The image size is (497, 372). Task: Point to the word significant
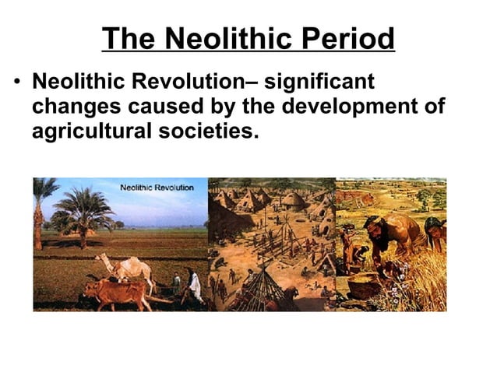click(x=319, y=80)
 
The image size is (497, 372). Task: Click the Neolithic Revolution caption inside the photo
click(x=157, y=188)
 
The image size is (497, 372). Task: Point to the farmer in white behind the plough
click(x=192, y=286)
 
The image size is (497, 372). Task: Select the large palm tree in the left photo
click(x=83, y=210)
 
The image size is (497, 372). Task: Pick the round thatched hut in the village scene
click(x=293, y=202)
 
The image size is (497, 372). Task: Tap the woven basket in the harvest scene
click(x=362, y=286)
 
